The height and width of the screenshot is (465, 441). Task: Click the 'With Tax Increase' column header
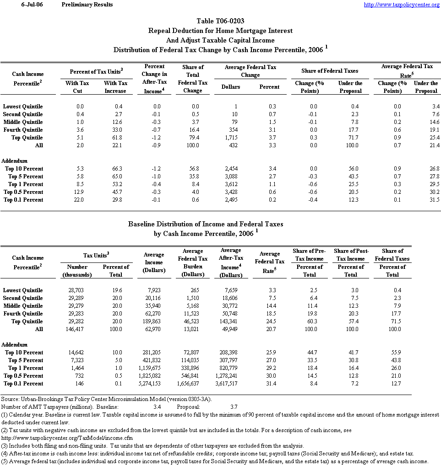pyautogui.click(x=115, y=87)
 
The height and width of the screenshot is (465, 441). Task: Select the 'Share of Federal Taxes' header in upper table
pyautogui.click(x=330, y=71)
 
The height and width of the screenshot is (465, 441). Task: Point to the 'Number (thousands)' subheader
pyautogui.click(x=77, y=271)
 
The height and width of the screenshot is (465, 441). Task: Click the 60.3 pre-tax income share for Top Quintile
pyautogui.click(x=309, y=321)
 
